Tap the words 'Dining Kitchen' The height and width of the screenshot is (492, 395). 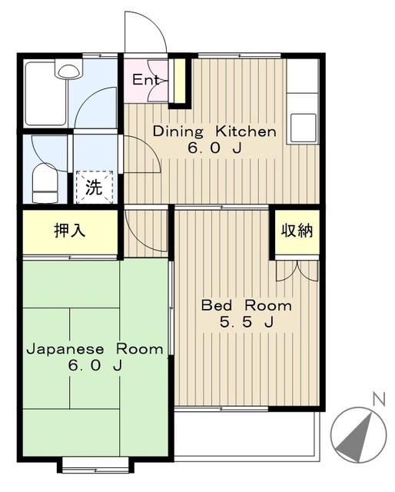tap(214, 131)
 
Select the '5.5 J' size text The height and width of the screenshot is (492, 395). tap(246, 323)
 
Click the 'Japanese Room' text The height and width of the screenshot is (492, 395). tap(95, 349)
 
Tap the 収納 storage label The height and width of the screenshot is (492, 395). tap(297, 231)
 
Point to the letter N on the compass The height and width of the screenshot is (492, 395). tap(377, 398)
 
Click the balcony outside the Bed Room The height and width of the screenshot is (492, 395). tap(246, 434)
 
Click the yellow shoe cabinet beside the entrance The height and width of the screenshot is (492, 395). tap(179, 81)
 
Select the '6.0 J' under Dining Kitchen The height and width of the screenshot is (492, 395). tap(214, 148)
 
